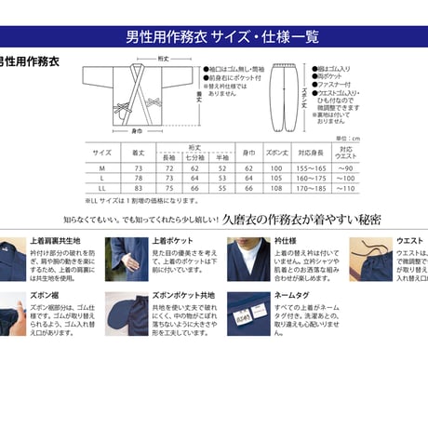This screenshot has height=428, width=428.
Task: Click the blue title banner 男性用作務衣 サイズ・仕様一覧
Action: coord(213,39)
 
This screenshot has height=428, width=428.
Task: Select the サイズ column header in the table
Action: coord(102,152)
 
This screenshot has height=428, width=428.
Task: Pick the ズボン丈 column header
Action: coord(276,152)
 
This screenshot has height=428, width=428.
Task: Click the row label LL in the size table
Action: coord(102,188)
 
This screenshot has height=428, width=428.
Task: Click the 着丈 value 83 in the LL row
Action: coord(138,188)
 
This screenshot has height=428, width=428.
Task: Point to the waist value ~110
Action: coord(346,188)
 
